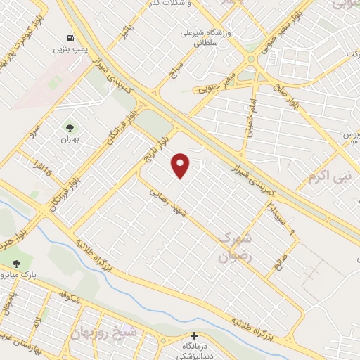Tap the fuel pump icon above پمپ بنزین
pyautogui.click(x=71, y=37)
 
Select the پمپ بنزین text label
pyautogui.click(x=70, y=50)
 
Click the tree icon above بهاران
pyautogui.click(x=70, y=127)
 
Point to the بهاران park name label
pyautogui.click(x=70, y=140)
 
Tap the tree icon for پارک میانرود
pyautogui.click(x=16, y=262)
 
